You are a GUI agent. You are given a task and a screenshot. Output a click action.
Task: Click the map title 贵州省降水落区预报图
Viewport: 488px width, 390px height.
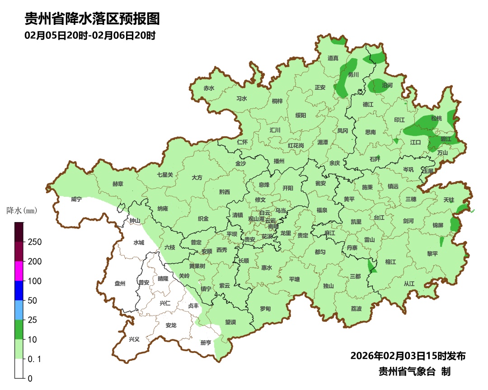click(92, 19)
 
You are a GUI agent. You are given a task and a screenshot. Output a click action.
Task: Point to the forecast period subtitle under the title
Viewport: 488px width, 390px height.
click(90, 35)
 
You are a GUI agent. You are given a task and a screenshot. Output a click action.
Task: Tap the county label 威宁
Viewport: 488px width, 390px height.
click(76, 199)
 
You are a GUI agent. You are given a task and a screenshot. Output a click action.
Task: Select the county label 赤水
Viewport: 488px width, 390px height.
click(209, 88)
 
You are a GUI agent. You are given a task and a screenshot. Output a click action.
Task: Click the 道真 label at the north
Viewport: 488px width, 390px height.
click(333, 58)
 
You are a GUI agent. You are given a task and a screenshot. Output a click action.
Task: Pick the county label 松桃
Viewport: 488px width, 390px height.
click(436, 118)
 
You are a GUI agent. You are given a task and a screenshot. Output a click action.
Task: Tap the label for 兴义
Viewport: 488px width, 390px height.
click(134, 339)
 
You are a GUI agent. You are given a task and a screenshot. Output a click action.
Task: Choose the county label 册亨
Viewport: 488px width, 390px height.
click(206, 343)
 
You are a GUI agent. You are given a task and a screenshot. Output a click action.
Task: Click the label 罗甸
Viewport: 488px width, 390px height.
click(265, 309)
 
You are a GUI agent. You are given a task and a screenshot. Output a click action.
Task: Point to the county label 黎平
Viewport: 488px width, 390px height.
click(432, 254)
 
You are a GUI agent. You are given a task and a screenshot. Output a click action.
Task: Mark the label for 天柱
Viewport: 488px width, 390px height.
click(448, 200)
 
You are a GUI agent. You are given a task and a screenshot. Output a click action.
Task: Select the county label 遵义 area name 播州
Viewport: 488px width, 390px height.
click(279, 161)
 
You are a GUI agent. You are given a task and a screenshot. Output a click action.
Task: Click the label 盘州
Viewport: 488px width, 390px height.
click(120, 283)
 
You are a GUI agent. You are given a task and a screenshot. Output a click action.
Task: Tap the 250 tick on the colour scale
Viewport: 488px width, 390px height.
click(34, 242)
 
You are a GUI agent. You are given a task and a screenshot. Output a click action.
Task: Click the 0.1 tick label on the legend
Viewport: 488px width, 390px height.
click(34, 359)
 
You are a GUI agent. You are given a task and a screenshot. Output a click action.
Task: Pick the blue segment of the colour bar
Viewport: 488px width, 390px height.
click(19, 290)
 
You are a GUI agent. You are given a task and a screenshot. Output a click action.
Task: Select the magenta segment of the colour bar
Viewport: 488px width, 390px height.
click(19, 271)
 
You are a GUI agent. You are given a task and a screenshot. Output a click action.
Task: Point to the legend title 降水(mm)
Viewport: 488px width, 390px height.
click(21, 211)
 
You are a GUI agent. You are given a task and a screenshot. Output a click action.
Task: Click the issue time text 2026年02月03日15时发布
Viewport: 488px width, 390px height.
click(408, 356)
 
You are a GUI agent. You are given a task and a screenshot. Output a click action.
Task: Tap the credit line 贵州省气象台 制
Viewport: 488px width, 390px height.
click(414, 371)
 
